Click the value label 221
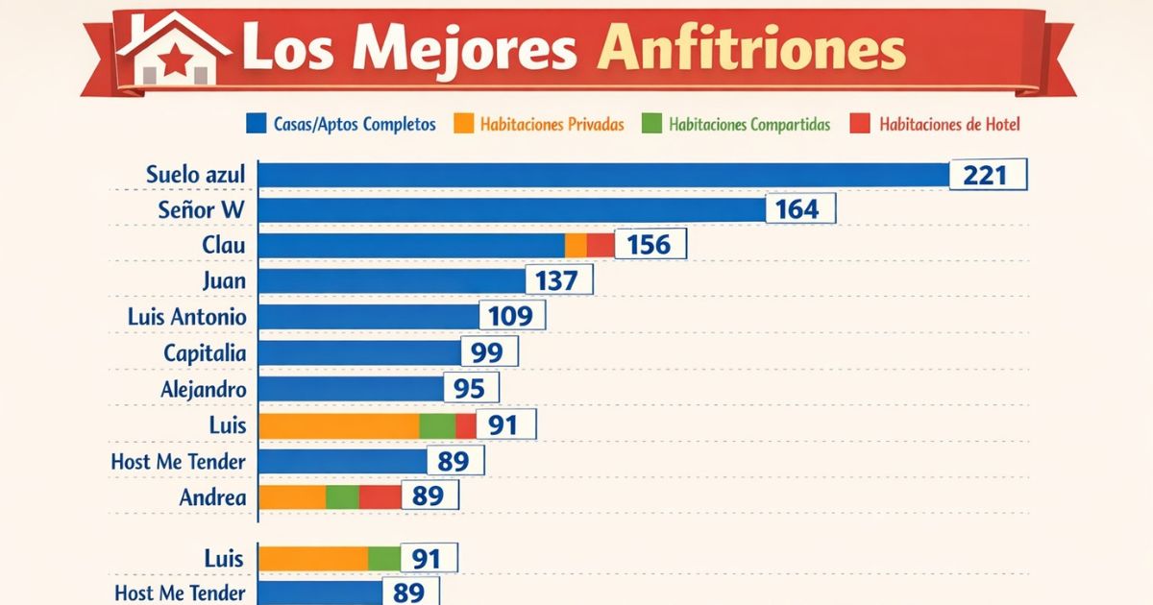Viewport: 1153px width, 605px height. coord(988,175)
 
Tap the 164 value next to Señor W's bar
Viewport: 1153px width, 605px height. coord(800,209)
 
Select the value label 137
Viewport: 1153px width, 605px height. coord(559,280)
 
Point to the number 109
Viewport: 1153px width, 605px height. coord(512,316)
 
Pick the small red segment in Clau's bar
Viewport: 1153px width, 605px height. coord(601,245)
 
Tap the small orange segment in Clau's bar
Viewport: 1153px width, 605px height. coord(576,245)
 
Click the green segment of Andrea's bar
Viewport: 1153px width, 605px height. coord(342,496)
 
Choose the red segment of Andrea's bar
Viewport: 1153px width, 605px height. coord(380,496)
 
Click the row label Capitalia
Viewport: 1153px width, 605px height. coord(204,352)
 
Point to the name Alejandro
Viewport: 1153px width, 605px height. coord(203,389)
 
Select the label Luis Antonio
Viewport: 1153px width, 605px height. coord(186,316)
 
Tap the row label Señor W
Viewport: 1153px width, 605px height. coord(201,209)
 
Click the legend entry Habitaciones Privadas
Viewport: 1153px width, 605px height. coord(552,124)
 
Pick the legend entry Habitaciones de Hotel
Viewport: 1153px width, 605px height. coord(949,124)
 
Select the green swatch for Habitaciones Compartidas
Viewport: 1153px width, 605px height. coord(652,124)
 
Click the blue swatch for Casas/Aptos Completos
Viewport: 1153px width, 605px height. coord(257,124)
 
